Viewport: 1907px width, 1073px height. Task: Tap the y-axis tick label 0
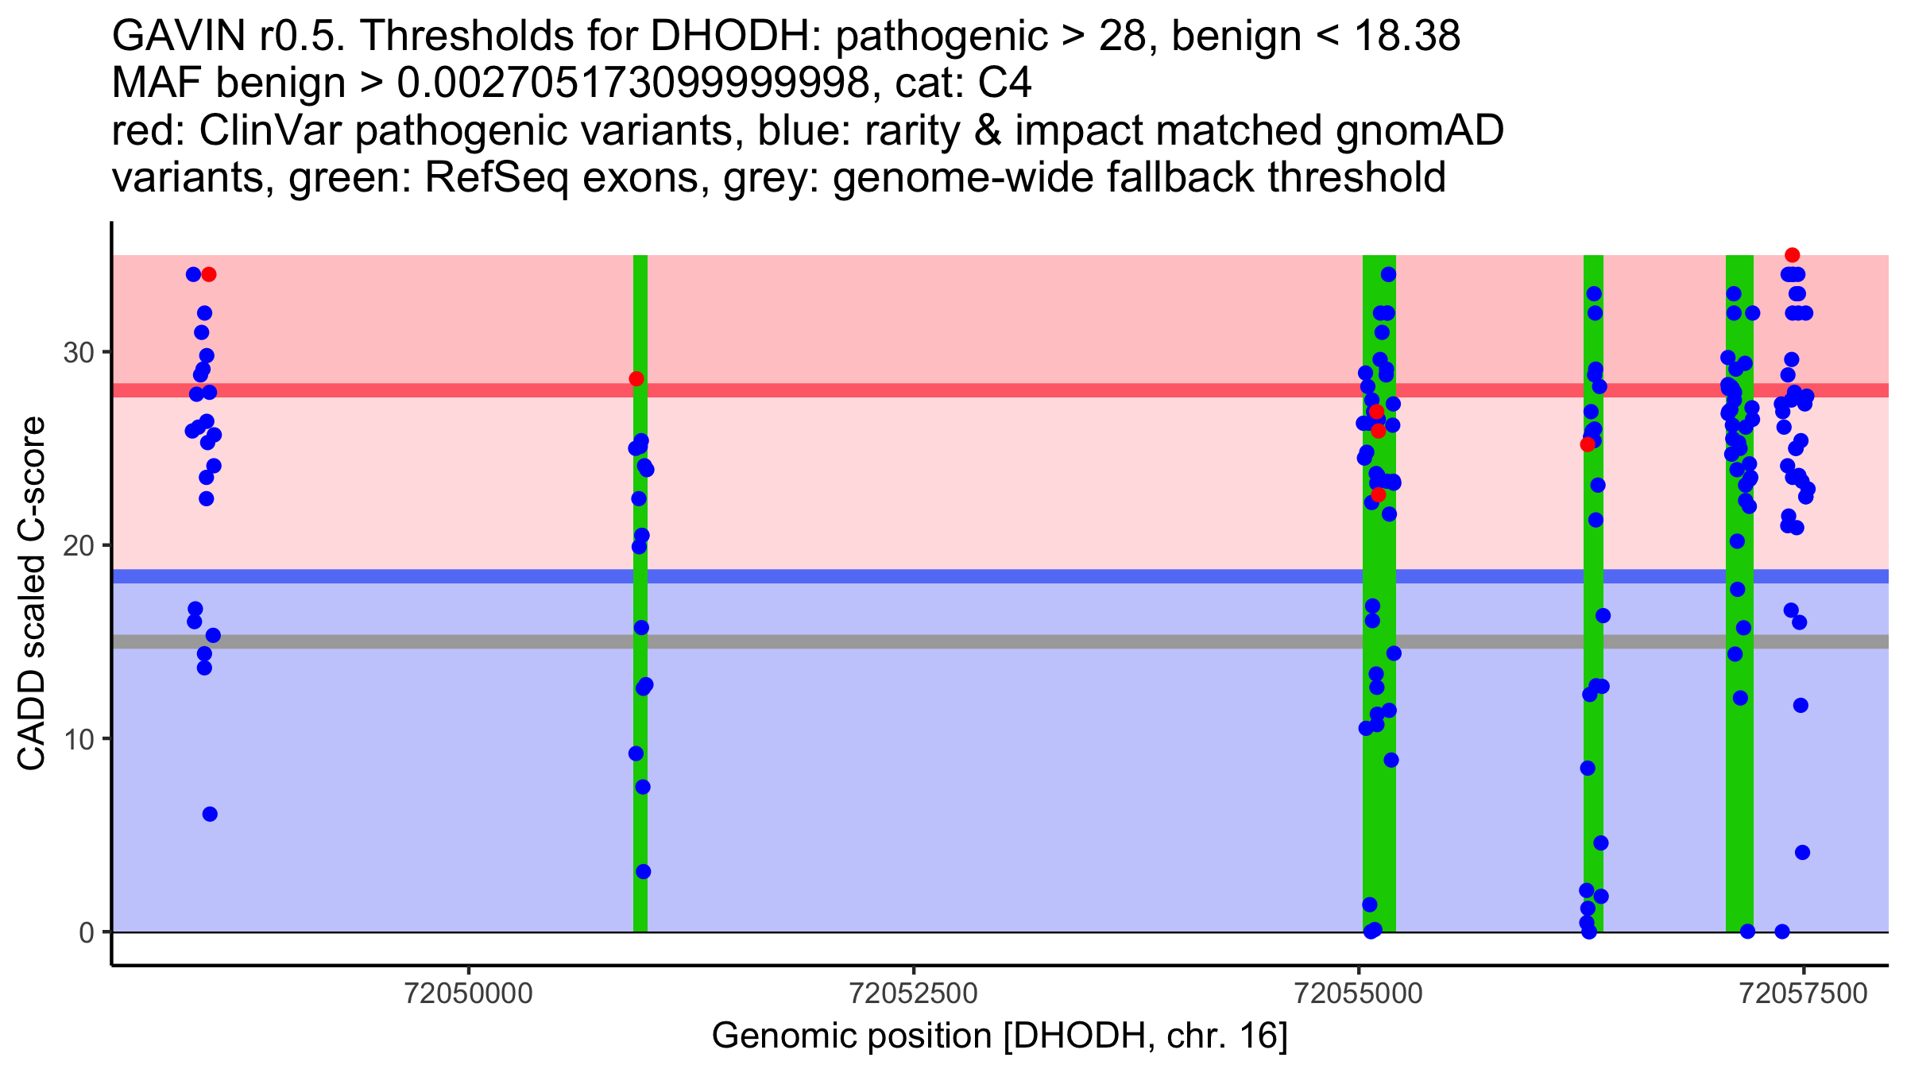click(x=86, y=932)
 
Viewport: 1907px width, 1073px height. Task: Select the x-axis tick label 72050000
click(x=469, y=994)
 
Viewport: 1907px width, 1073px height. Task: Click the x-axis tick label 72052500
click(x=914, y=994)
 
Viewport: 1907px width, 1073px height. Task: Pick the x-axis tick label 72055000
click(x=1359, y=994)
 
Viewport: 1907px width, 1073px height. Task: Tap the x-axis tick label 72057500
click(x=1803, y=994)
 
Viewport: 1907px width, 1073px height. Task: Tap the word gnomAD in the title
click(x=1419, y=131)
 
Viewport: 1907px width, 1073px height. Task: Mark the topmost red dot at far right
click(x=1792, y=255)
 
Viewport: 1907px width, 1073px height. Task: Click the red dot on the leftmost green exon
click(x=636, y=379)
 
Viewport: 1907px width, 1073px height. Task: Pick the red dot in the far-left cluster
click(x=209, y=275)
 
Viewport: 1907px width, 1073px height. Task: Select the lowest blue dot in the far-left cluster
click(x=210, y=814)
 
